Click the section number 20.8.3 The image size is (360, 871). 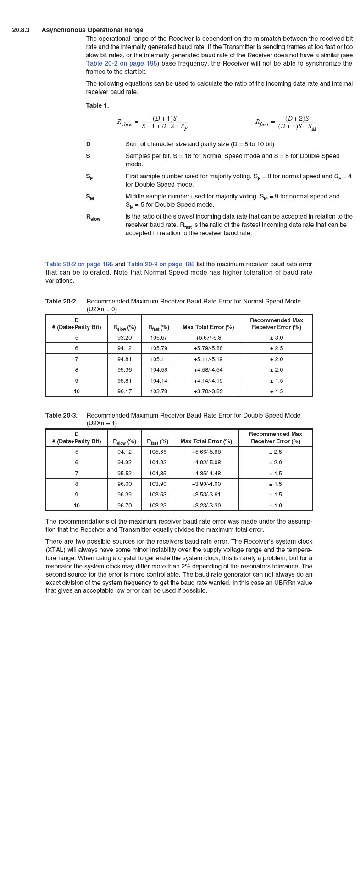click(x=21, y=30)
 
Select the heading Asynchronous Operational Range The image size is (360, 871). click(x=92, y=30)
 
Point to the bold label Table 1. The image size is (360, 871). click(x=97, y=106)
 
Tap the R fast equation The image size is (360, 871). click(x=286, y=122)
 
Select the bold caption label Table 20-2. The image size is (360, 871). click(x=61, y=301)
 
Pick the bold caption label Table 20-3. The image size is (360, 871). click(x=61, y=415)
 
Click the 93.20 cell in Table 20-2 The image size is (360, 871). click(x=124, y=338)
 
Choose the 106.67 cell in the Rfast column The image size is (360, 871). click(x=159, y=338)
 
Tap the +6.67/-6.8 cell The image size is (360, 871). click(x=208, y=338)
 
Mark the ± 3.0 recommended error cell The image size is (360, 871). click(x=277, y=338)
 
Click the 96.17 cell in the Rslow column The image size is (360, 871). click(x=124, y=391)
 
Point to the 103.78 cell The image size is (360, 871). click(x=159, y=391)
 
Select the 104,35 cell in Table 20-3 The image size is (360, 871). click(x=158, y=473)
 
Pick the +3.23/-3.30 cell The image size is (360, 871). click(x=206, y=506)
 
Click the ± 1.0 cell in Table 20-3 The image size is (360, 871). click(x=276, y=506)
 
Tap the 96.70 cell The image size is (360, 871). click(x=124, y=506)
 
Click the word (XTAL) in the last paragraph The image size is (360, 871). click(x=55, y=550)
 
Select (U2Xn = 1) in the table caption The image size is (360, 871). click(x=101, y=423)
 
